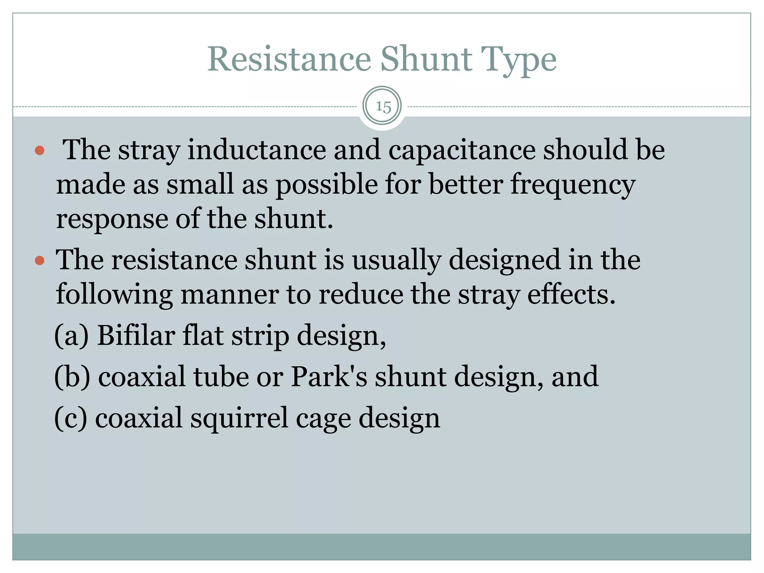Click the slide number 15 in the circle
pyautogui.click(x=383, y=107)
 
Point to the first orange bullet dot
pyautogui.click(x=40, y=151)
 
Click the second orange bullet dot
pyautogui.click(x=40, y=260)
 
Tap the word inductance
pyautogui.click(x=257, y=150)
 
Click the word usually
pyautogui.click(x=397, y=260)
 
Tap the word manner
pyautogui.click(x=230, y=295)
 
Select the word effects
pyautogui.click(x=571, y=295)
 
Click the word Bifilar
pyautogui.click(x=136, y=336)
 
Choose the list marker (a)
pyautogui.click(x=72, y=336)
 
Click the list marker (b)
pyautogui.click(x=72, y=377)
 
